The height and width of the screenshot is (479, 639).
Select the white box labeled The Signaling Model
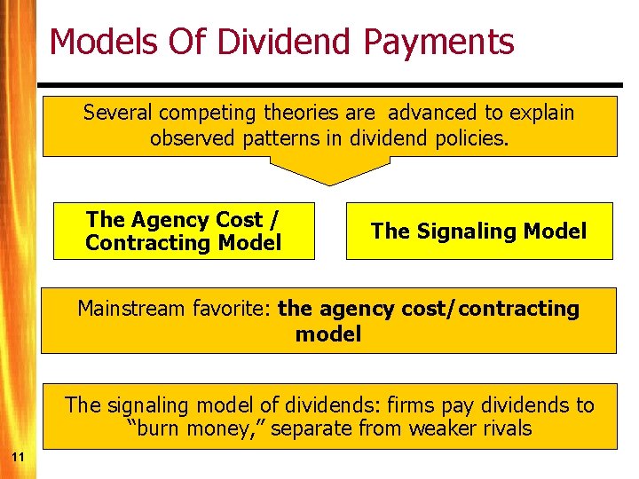(x=479, y=232)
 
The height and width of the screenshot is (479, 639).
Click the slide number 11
(x=18, y=456)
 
